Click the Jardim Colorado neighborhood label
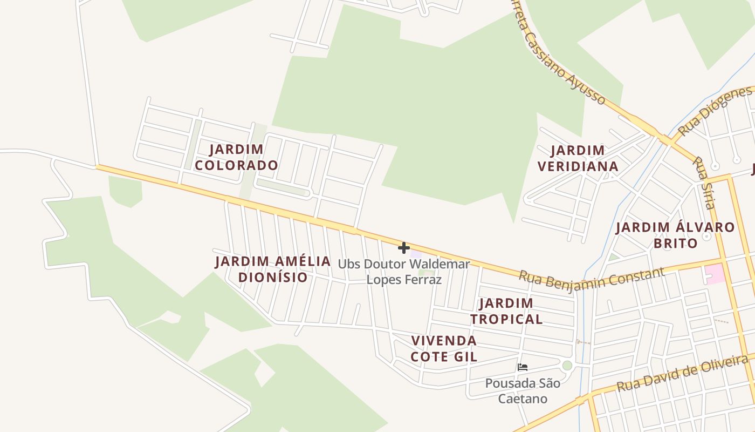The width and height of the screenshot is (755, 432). (x=236, y=157)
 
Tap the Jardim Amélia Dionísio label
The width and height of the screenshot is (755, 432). (x=272, y=269)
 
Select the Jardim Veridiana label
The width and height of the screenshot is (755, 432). (x=578, y=158)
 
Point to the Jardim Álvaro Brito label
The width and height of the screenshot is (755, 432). (x=675, y=235)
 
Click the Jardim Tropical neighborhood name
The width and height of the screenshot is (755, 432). (x=506, y=311)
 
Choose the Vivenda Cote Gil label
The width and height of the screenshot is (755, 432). (x=444, y=348)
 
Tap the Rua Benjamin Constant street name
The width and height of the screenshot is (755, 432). (x=592, y=278)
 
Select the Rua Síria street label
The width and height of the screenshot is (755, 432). (x=704, y=183)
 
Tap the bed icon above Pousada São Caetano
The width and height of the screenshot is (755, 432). (x=522, y=367)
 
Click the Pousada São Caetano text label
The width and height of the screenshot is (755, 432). (x=523, y=391)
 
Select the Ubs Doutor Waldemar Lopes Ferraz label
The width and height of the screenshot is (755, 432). (x=404, y=272)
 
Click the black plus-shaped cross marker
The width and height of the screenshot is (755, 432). (x=404, y=248)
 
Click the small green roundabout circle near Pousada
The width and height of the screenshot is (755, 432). (x=567, y=366)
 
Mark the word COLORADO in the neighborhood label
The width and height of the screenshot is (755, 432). (x=236, y=165)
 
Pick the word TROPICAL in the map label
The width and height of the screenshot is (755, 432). (x=506, y=319)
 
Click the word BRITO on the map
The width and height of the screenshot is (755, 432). (x=675, y=243)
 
